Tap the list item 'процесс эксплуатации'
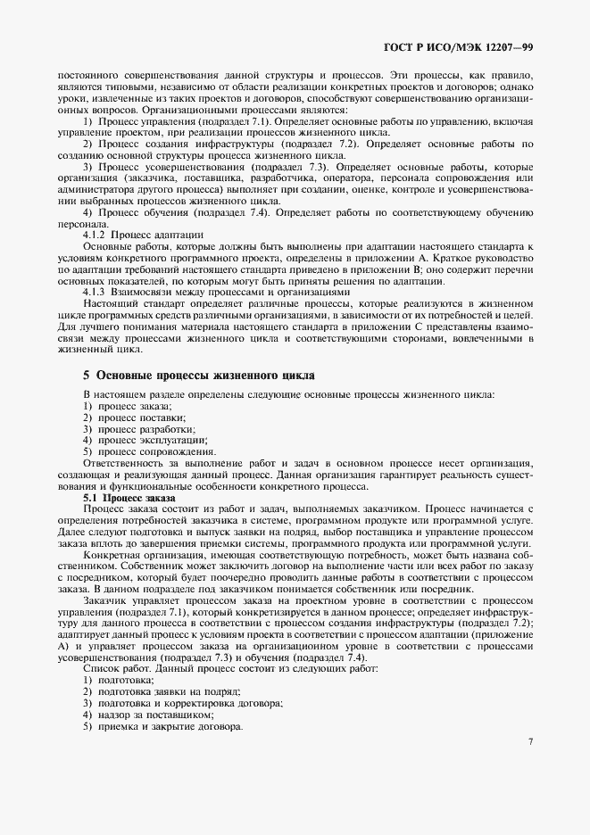(x=146, y=440)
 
